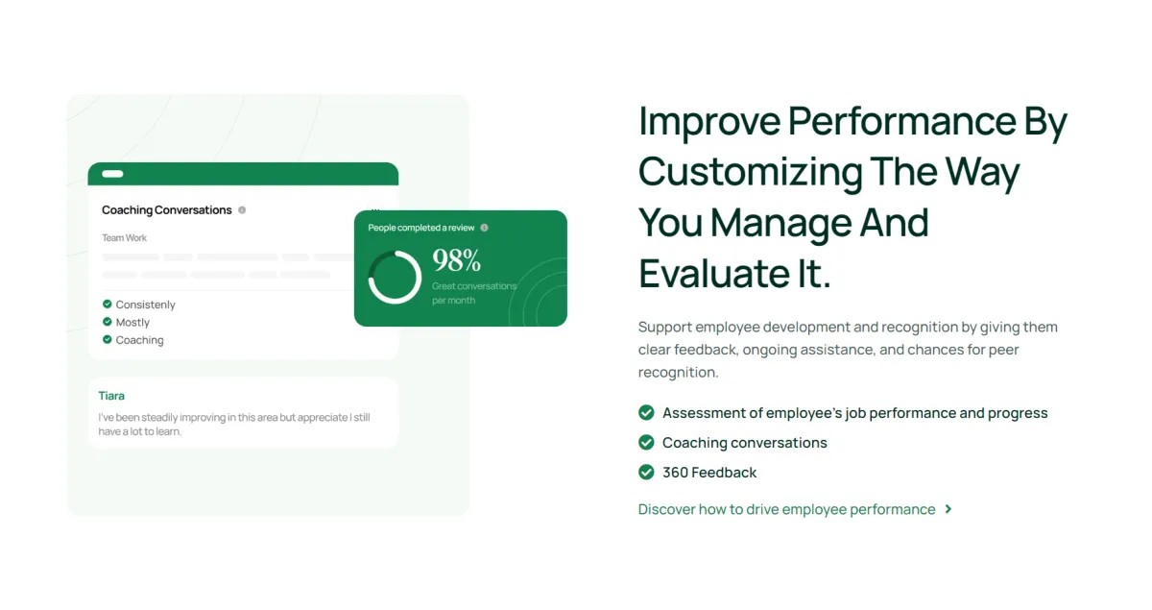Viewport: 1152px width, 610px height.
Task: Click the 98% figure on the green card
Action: tap(456, 260)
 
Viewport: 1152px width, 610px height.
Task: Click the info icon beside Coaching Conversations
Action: tap(242, 210)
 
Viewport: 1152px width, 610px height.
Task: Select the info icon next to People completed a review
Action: tap(484, 228)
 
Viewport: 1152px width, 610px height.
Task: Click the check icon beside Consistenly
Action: tap(107, 304)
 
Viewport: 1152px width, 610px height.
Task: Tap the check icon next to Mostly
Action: tap(107, 322)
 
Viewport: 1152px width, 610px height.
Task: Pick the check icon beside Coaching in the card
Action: tap(107, 339)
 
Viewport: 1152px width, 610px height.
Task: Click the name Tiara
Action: tap(111, 396)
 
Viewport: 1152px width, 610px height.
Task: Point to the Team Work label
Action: tap(124, 238)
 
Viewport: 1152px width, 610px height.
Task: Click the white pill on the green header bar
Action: tap(112, 174)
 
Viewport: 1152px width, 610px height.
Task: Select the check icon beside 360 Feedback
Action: tap(646, 472)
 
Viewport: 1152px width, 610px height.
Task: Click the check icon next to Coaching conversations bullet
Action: tap(646, 442)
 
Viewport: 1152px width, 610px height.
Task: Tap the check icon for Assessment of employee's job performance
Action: tap(646, 412)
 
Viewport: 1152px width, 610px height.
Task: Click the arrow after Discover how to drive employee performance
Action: tap(948, 509)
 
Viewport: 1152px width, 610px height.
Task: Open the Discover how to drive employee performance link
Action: tap(787, 509)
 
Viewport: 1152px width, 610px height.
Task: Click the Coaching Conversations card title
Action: tap(167, 210)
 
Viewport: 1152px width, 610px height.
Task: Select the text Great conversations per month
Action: tap(473, 293)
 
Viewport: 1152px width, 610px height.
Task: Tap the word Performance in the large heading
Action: tap(901, 121)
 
